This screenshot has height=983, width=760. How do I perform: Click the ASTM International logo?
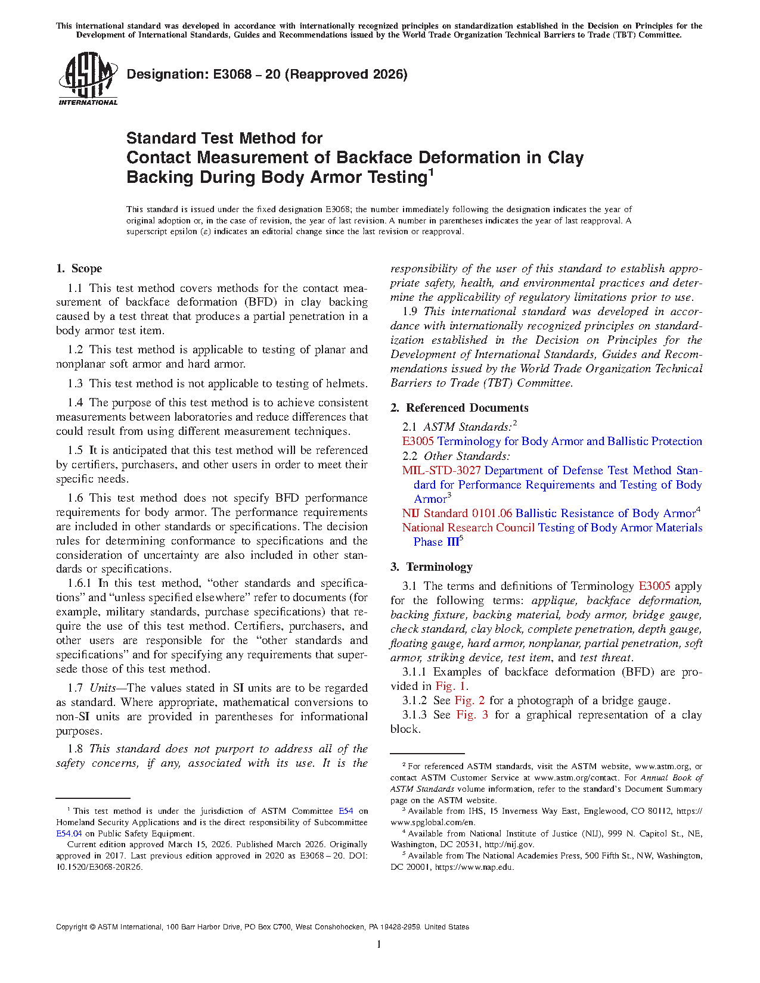click(x=88, y=79)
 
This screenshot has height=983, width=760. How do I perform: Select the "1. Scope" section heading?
click(x=79, y=269)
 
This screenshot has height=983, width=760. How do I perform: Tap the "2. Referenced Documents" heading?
click(x=459, y=408)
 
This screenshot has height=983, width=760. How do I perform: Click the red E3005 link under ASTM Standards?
click(x=418, y=441)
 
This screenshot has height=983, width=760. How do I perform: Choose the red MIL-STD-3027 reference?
click(x=441, y=471)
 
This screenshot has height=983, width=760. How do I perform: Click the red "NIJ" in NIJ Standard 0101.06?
click(x=410, y=514)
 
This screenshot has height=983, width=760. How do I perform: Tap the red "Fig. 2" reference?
click(x=470, y=701)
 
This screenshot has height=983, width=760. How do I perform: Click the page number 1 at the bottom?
click(x=379, y=944)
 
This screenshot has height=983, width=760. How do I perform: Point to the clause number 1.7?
click(x=75, y=688)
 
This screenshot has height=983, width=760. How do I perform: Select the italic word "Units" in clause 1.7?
click(x=103, y=688)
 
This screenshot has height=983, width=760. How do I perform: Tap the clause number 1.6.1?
click(x=79, y=583)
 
